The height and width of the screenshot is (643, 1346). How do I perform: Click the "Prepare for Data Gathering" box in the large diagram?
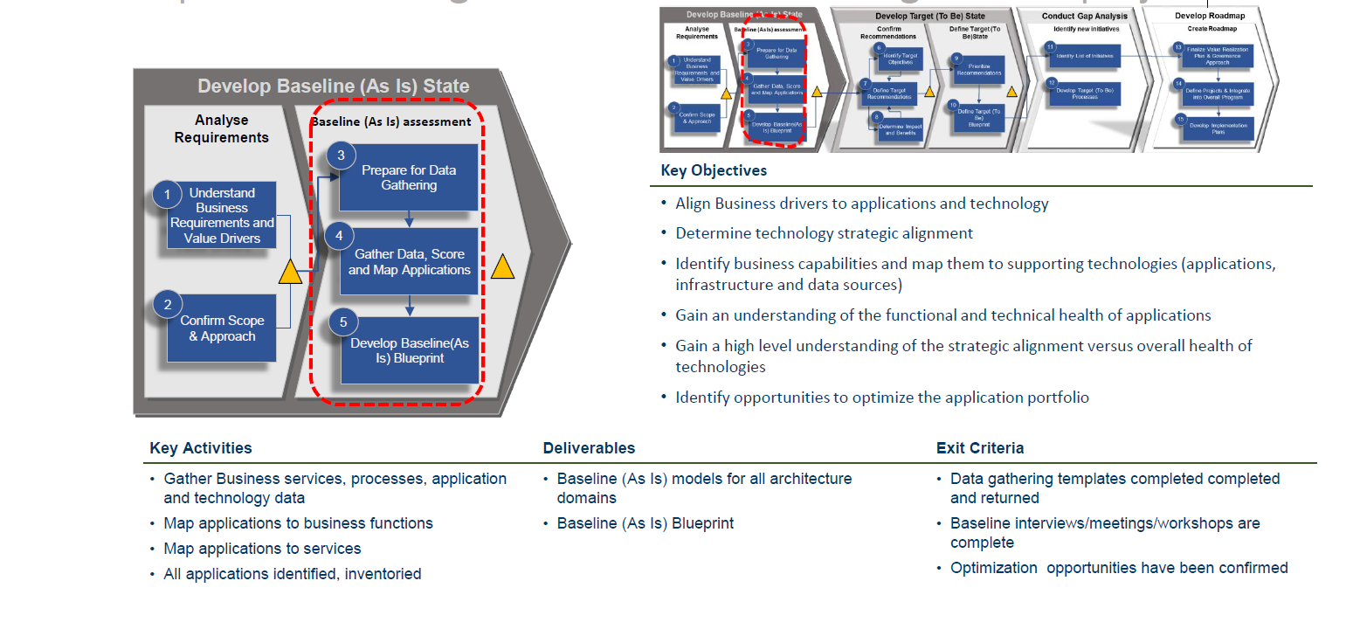tap(409, 178)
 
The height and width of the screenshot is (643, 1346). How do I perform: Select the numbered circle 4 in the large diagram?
tap(339, 236)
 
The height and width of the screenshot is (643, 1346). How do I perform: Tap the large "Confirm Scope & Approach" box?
tap(222, 328)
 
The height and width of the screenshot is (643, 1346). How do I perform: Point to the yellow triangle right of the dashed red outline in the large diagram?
tap(503, 266)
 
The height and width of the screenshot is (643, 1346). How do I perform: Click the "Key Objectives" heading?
tap(714, 170)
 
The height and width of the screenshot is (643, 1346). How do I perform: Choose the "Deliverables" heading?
tap(589, 448)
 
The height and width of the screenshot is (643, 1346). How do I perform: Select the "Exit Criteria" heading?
tap(980, 448)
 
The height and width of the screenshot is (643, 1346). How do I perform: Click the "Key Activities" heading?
tap(201, 448)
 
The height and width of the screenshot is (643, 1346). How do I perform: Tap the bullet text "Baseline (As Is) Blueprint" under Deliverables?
tap(645, 523)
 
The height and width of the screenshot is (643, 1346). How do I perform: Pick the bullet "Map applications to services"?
tap(262, 549)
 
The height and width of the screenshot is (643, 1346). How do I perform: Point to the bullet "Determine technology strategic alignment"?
tap(824, 233)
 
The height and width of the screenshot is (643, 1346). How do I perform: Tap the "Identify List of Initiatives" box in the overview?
tap(1084, 56)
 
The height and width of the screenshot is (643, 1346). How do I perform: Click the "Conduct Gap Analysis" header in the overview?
tap(1084, 16)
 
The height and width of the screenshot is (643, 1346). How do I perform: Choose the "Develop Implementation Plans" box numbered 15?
tap(1218, 128)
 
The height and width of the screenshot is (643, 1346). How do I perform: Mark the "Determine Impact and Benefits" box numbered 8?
tap(897, 129)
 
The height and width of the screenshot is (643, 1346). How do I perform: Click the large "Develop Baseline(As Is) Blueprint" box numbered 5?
tap(410, 350)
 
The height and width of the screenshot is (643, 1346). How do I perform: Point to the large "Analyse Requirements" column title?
tap(221, 128)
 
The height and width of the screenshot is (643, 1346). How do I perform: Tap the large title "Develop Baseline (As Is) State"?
tap(333, 86)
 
